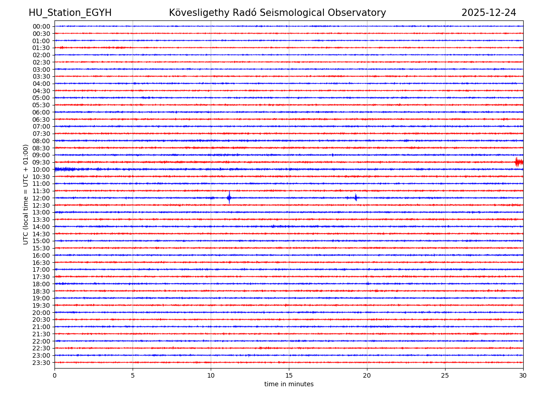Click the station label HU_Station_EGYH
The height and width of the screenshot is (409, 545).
pyautogui.click(x=70, y=13)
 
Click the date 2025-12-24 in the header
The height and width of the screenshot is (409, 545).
pyautogui.click(x=489, y=13)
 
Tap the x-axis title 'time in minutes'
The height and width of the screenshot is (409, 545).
pyautogui.click(x=289, y=384)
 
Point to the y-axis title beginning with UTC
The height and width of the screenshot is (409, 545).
pyautogui.click(x=26, y=194)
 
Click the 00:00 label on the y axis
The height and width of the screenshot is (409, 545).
pyautogui.click(x=41, y=26)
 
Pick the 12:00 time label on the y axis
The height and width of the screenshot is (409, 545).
pyautogui.click(x=41, y=198)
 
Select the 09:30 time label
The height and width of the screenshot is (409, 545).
pyautogui.click(x=41, y=162)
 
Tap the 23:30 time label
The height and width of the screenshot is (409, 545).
pyautogui.click(x=41, y=363)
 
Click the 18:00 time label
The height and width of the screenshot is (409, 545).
pyautogui.click(x=41, y=284)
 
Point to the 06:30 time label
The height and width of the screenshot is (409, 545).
pyautogui.click(x=41, y=120)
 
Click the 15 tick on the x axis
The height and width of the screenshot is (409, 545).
pyautogui.click(x=289, y=375)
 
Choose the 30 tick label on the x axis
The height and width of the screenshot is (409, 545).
pyautogui.click(x=523, y=375)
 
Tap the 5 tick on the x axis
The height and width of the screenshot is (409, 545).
pyautogui.click(x=133, y=375)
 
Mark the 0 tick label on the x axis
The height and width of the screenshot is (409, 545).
pyautogui.click(x=54, y=375)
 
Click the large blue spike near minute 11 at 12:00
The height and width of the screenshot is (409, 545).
pyautogui.click(x=229, y=198)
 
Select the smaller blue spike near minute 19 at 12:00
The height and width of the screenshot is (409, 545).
pyautogui.click(x=356, y=198)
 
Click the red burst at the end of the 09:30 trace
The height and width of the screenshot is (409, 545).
pyautogui.click(x=519, y=162)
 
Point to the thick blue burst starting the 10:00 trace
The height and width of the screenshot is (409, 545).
pyautogui.click(x=64, y=169)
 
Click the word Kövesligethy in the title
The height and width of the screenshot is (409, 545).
pyautogui.click(x=196, y=13)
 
